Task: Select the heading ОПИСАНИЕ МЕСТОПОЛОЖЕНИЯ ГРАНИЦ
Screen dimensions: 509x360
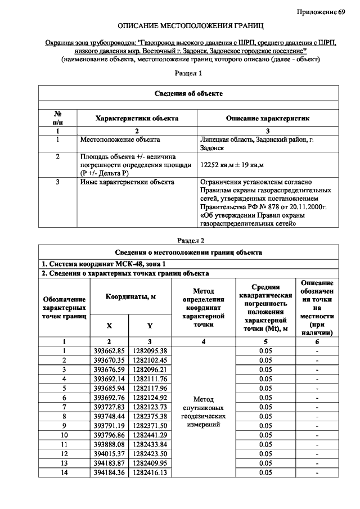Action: point(190,26)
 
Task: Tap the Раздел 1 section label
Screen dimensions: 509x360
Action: point(190,73)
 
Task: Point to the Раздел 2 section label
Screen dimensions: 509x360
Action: point(190,240)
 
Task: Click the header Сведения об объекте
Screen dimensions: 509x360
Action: point(190,93)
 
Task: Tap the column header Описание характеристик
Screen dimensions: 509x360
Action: point(268,119)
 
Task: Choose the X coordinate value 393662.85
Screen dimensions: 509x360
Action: point(109,351)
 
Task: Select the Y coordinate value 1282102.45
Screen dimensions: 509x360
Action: point(150,360)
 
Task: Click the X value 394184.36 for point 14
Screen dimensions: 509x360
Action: point(109,473)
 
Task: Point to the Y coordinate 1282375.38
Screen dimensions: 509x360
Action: point(150,416)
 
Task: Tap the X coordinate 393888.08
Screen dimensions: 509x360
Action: point(109,444)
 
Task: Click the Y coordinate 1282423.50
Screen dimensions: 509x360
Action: point(150,454)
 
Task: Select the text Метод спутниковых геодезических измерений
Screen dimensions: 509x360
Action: point(204,411)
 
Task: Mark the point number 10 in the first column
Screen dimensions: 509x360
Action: point(64,435)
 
